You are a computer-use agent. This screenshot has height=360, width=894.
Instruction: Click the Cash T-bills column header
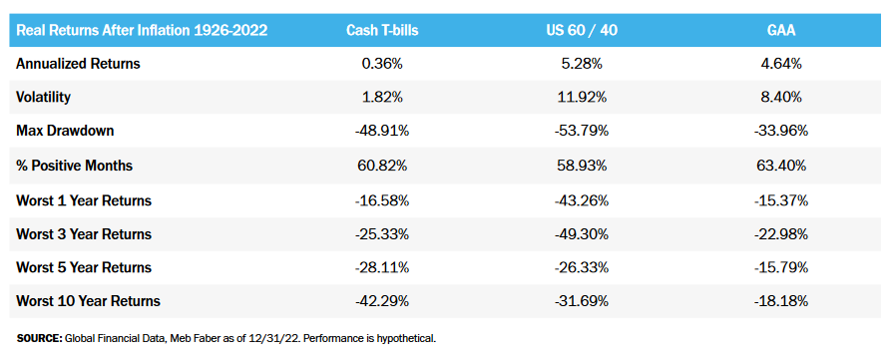[x=381, y=30]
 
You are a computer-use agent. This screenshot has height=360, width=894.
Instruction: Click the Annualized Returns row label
[x=78, y=64]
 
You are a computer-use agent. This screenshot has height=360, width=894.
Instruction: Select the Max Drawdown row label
[x=64, y=132]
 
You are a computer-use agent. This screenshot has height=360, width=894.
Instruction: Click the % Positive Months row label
[x=75, y=166]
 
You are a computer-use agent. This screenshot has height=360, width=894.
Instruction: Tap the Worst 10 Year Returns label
[x=88, y=301]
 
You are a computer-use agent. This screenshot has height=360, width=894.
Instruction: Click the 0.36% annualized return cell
[x=381, y=64]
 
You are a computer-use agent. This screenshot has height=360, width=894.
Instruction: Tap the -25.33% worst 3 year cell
[x=381, y=233]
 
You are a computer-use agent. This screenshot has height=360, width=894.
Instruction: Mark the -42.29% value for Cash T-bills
[x=381, y=301]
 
